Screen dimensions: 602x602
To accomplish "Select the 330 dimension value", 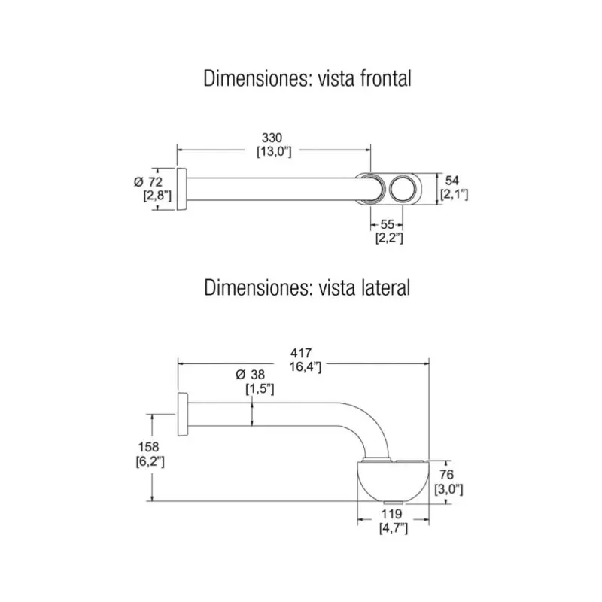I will pos(272,138).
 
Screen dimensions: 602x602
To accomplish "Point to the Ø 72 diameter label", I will pos(148,182).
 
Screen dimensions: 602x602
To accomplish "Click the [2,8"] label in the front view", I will pos(157,196).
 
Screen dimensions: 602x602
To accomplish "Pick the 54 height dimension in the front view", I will pos(452,181).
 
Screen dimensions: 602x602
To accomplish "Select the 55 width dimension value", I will pos(388,224).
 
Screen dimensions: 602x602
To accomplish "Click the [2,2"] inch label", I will pos(389,238).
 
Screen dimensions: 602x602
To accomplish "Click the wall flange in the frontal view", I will pos(181,188).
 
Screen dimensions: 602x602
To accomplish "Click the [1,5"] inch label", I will pos(259,388).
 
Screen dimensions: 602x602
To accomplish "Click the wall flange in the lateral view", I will pos(181,413).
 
